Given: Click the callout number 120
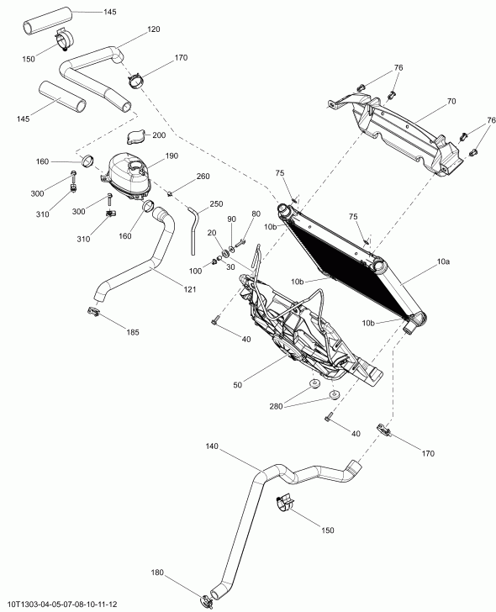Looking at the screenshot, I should pos(153,29).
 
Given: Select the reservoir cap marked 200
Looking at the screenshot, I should pos(134,137).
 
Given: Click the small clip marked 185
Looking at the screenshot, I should pos(95,313).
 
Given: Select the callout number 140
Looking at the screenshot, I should pos(211,447).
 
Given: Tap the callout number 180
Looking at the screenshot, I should pos(158,574).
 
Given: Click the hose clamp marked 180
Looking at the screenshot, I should pos(204,600).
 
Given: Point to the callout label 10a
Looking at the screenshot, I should pos(443,263).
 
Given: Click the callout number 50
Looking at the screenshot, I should pos(238,385).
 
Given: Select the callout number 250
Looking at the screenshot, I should pos(217,203).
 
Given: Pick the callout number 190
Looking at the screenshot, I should pos(172,156).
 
